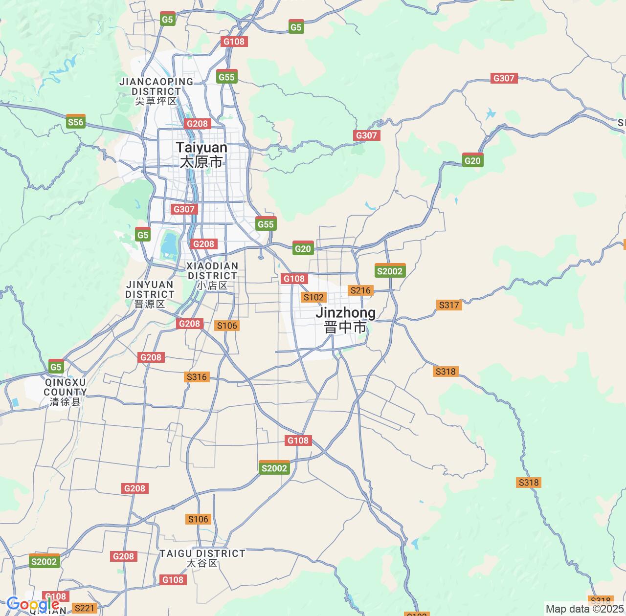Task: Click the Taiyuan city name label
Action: coord(201,154)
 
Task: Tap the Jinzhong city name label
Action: coord(345,320)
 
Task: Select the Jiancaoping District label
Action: coord(156,91)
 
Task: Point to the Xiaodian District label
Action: coord(213,276)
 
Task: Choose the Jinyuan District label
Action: coord(150,294)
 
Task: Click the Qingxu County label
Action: coord(65,392)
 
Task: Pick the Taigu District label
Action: coord(202,558)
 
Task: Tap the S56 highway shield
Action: coord(76,122)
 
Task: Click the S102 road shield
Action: coord(313,297)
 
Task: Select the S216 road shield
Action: coord(360,290)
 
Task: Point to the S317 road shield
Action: coord(449,305)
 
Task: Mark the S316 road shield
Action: coord(197,377)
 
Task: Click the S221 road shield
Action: coord(85,608)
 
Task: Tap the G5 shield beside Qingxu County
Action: coord(56,367)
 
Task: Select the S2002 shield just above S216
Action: coord(390,271)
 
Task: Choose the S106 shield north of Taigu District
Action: coord(198,519)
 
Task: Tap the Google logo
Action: coord(33,605)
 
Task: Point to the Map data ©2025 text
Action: coord(585,609)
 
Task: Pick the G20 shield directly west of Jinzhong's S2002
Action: coord(303,248)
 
